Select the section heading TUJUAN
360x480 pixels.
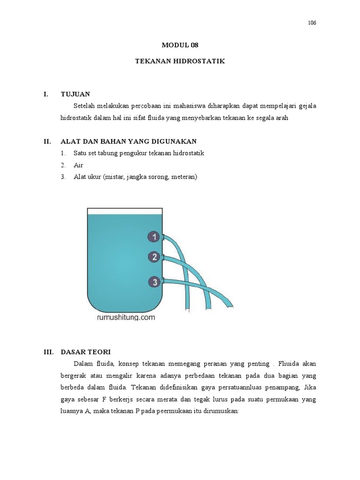point(75,94)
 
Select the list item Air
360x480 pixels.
point(78,165)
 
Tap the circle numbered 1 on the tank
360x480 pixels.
point(153,237)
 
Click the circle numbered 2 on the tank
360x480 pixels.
point(153,256)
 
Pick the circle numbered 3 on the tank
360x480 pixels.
point(153,282)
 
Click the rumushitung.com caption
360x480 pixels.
point(125,317)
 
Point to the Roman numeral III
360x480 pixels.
point(48,352)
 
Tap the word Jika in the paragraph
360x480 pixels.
point(308,388)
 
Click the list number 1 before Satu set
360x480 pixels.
point(63,153)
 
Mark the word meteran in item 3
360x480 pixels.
point(184,177)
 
